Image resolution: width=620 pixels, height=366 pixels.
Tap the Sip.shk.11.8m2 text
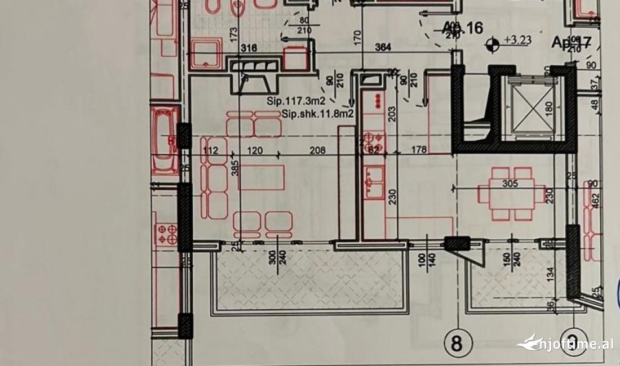pos(318,114)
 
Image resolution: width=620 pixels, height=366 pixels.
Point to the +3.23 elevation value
pos(517,40)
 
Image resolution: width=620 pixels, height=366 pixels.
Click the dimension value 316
pos(249,49)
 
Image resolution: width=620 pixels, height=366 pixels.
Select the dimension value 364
pos(385,49)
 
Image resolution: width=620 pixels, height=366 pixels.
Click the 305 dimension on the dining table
pos(510,184)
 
